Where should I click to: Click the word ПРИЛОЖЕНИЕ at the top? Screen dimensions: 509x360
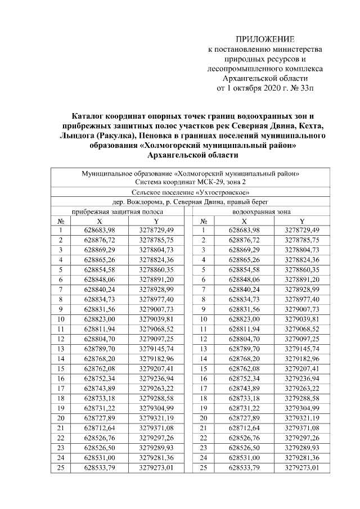(x=265, y=39)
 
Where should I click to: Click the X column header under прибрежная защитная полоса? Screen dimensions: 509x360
(x=99, y=221)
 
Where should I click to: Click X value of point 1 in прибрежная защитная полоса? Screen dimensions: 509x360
(x=99, y=231)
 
